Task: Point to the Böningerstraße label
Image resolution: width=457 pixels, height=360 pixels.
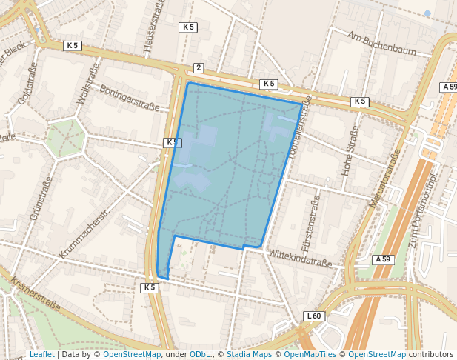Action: click(130, 96)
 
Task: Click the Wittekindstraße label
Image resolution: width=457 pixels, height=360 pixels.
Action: click(300, 258)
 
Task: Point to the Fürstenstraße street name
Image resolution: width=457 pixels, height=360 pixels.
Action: click(310, 222)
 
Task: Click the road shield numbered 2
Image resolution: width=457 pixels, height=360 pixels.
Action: click(198, 68)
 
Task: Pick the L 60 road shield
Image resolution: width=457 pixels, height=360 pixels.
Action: click(314, 316)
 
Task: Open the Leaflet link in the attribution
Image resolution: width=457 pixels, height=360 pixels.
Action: click(41, 355)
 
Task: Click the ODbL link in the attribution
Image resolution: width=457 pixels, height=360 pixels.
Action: click(200, 355)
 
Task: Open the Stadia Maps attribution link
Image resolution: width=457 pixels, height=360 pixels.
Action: click(248, 355)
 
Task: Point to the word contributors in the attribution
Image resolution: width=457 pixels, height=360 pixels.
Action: click(431, 355)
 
